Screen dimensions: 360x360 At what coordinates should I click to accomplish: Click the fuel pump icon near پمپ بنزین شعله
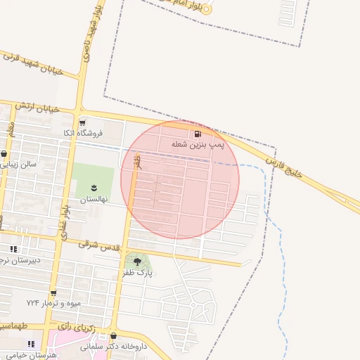pyautogui.click(x=198, y=134)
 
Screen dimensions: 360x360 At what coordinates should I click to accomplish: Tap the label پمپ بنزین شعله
pyautogui.click(x=198, y=144)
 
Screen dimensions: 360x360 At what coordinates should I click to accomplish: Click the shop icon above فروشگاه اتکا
pyautogui.click(x=82, y=122)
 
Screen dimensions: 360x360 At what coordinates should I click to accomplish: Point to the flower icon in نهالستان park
pyautogui.click(x=93, y=187)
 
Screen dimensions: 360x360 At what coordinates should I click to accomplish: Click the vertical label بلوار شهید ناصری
pyautogui.click(x=90, y=37)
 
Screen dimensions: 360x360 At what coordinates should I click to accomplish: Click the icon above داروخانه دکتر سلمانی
pyautogui.click(x=112, y=336)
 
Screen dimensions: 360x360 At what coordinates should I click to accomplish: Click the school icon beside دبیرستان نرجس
pyautogui.click(x=13, y=249)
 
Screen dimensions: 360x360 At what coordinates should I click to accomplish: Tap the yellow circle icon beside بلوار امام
pyautogui.click(x=207, y=11)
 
